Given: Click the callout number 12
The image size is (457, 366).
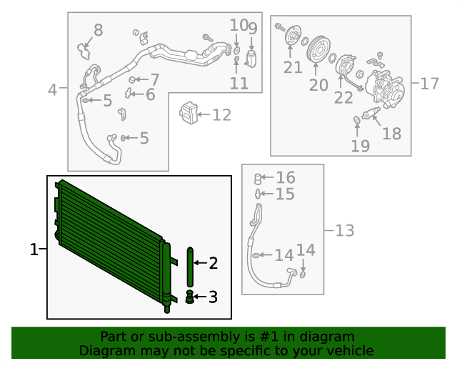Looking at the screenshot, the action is pyautogui.click(x=222, y=115).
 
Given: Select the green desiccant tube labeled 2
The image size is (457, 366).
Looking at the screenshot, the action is pyautogui.click(x=190, y=267).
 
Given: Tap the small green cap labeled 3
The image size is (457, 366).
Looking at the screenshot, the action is pyautogui.click(x=190, y=297).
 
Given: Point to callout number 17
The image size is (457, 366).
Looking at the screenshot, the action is pyautogui.click(x=430, y=84).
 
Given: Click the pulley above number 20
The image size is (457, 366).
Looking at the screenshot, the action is pyautogui.click(x=318, y=49).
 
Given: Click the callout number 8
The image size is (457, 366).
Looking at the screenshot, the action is pyautogui.click(x=99, y=30).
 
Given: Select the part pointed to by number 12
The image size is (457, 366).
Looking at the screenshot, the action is pyautogui.click(x=189, y=113).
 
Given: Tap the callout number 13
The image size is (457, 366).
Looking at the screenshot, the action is pyautogui.click(x=345, y=231).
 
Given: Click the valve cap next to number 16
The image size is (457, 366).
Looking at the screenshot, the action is pyautogui.click(x=257, y=179).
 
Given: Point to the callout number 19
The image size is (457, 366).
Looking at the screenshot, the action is pyautogui.click(x=360, y=146).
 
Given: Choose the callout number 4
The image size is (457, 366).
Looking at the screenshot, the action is pyautogui.click(x=52, y=90).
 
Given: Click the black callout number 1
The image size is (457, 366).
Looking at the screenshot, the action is pyautogui.click(x=34, y=249).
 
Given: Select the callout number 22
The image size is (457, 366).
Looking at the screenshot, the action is pyautogui.click(x=343, y=98).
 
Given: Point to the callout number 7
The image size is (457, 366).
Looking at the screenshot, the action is pyautogui.click(x=155, y=79).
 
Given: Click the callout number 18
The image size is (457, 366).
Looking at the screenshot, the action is pyautogui.click(x=392, y=134).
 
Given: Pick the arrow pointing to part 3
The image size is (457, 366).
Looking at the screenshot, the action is pyautogui.click(x=200, y=297).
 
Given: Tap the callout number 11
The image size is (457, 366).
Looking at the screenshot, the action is pyautogui.click(x=239, y=84).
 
